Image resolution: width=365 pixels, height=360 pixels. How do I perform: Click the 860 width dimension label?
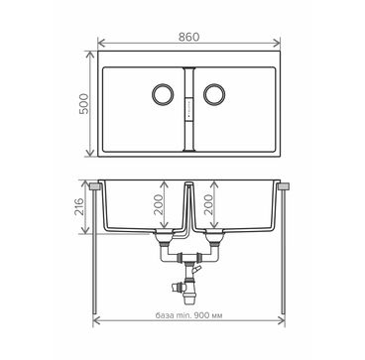coord(189,37)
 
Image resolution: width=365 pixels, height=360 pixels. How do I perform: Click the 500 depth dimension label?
coord(84,104)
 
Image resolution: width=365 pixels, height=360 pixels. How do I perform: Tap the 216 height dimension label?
coord(79,207)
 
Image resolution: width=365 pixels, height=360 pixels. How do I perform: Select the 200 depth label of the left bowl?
coord(159,204)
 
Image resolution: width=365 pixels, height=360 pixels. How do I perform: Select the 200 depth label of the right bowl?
coord(208,204)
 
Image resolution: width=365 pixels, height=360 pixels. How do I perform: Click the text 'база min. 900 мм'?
coord(188,315)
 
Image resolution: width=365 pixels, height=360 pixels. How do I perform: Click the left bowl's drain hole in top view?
coord(163,94)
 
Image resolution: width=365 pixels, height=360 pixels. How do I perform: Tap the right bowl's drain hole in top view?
coord(214,94)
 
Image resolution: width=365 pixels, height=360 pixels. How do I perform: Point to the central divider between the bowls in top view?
coord(188,110)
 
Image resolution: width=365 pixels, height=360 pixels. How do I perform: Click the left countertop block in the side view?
coord(95,186)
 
